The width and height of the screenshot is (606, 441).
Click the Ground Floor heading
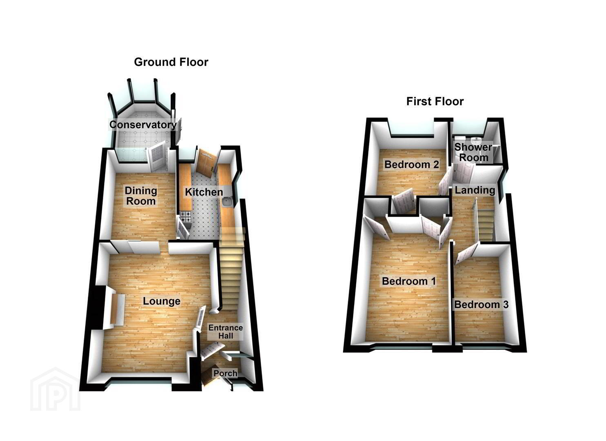click(171, 62)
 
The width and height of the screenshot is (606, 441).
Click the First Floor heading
click(435, 102)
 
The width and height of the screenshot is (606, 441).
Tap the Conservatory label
click(143, 125)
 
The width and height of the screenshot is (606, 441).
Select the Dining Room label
click(141, 196)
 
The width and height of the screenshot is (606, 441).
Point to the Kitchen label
click(204, 192)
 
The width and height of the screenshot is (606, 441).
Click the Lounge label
click(162, 301)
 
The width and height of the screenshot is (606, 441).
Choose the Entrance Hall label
click(226, 332)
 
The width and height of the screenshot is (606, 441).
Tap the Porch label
click(225, 373)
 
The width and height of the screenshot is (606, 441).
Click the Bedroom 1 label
click(409, 281)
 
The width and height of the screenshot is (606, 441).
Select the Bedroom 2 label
click(411, 164)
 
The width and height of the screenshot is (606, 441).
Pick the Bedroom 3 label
click(481, 305)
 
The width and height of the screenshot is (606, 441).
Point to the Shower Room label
click(473, 152)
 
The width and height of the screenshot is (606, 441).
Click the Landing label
click(475, 190)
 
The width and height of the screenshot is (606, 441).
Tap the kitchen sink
click(227, 202)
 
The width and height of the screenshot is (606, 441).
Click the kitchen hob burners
click(186, 216)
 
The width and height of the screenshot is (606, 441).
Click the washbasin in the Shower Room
click(475, 140)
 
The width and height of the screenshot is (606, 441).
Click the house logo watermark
click(55, 390)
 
